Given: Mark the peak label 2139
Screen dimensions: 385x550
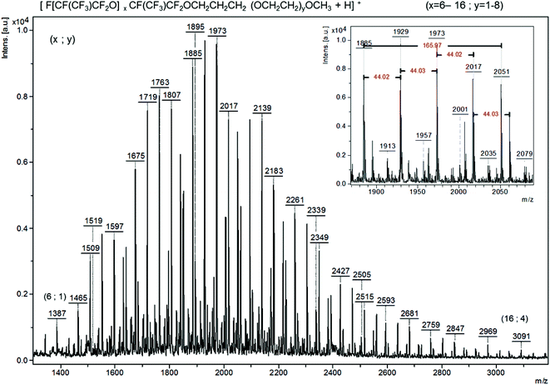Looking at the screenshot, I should pyautogui.click(x=262, y=108).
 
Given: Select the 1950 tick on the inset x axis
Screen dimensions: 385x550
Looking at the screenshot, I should pyautogui.click(x=418, y=191).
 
